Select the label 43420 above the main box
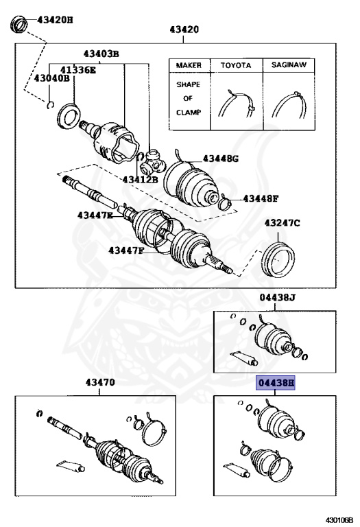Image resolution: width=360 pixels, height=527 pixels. (x=184, y=30)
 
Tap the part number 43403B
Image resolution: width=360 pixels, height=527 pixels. (x=101, y=54)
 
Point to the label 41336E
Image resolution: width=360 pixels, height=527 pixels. (x=77, y=70)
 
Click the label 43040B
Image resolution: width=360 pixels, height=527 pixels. (x=52, y=79)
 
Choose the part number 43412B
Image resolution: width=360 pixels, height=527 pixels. (x=141, y=180)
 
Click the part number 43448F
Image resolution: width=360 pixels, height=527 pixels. (x=260, y=199)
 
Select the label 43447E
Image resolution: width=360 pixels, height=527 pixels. (x=95, y=215)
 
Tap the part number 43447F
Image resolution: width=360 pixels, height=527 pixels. (x=126, y=250)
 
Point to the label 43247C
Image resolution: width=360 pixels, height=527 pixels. (x=283, y=224)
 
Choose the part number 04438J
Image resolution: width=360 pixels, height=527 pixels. (x=276, y=298)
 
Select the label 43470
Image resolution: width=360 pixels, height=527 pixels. (x=99, y=383)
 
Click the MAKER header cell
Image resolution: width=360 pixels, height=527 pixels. (x=189, y=66)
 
